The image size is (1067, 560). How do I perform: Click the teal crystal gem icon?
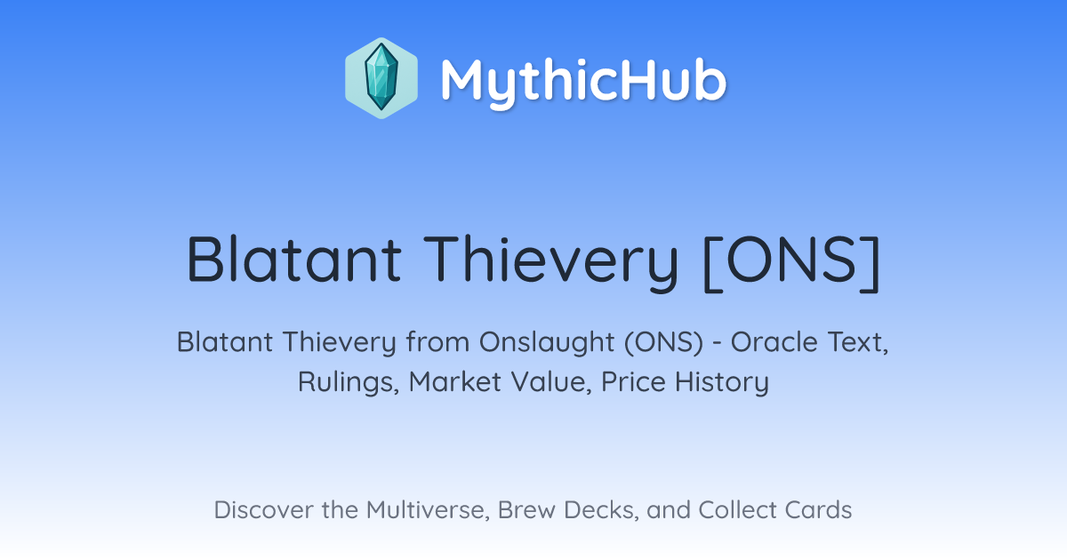point(381,77)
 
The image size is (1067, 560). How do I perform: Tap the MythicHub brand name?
point(583,81)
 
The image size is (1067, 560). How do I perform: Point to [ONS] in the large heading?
point(791,263)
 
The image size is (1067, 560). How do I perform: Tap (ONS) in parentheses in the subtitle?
point(663,342)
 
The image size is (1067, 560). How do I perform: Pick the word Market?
point(455,381)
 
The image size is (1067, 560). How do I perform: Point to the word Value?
point(551,382)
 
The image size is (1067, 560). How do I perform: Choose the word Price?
point(633,381)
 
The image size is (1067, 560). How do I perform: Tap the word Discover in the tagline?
point(264,510)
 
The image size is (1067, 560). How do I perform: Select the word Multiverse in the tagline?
point(428,510)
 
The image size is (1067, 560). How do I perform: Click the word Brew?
point(526,510)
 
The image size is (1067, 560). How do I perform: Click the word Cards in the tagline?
point(818,510)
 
